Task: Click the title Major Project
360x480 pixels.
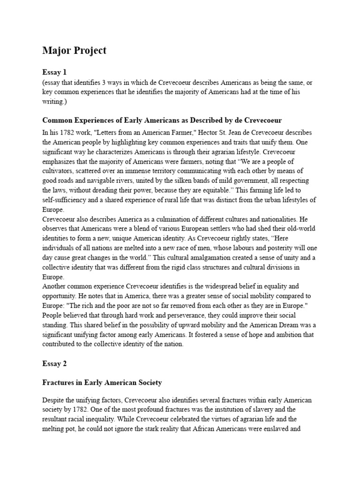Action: point(74,51)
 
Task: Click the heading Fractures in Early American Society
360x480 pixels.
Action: point(102,382)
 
